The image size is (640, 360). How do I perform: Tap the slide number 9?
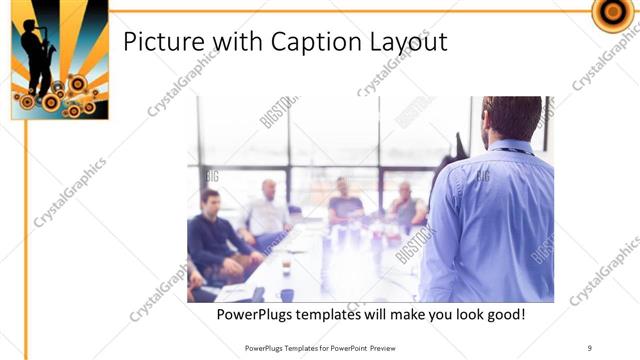[590, 347]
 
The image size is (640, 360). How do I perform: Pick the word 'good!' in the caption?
[504, 315]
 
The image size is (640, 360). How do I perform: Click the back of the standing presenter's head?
[512, 118]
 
